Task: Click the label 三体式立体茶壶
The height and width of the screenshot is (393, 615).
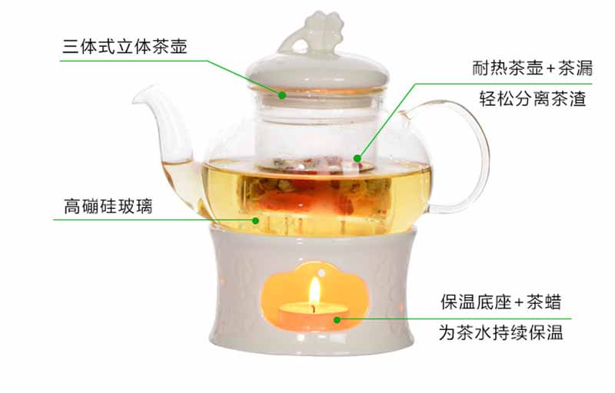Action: click(x=125, y=47)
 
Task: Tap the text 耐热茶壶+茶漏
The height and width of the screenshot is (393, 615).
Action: click(x=532, y=68)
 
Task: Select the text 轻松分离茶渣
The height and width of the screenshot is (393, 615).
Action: click(x=532, y=98)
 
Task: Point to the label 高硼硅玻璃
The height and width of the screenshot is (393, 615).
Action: click(x=108, y=206)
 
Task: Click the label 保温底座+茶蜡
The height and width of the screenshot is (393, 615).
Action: click(x=501, y=302)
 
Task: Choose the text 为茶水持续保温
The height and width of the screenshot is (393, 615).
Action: click(x=501, y=332)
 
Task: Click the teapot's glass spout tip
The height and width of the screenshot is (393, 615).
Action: click(x=137, y=96)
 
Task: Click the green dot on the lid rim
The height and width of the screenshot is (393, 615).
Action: click(x=281, y=94)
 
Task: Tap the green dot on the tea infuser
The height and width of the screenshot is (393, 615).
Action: click(x=357, y=158)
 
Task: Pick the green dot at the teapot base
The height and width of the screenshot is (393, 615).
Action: click(x=255, y=220)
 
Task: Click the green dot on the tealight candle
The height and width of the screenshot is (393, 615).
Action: click(x=337, y=320)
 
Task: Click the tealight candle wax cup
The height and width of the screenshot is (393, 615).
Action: click(x=313, y=316)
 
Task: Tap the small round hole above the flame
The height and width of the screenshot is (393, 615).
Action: click(x=321, y=272)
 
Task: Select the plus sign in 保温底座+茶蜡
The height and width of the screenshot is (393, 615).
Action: click(x=519, y=302)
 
